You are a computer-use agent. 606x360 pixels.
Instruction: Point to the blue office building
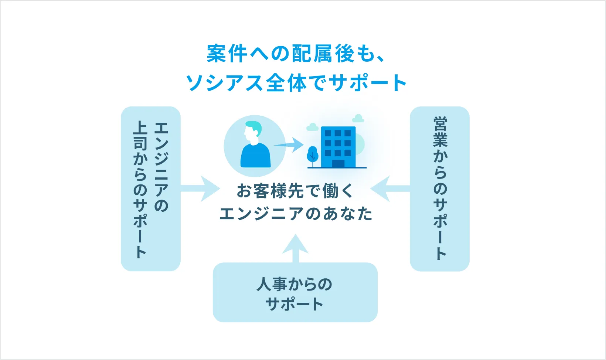[x=338, y=146]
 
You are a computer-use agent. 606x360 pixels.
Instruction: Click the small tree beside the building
[x=313, y=155]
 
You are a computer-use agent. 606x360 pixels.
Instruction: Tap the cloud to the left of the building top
[x=313, y=127]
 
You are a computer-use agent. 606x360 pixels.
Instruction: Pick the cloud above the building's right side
[x=358, y=118]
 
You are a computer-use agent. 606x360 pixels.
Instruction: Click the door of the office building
[x=338, y=163]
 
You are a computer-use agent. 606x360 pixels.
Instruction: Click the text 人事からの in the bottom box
[x=295, y=284]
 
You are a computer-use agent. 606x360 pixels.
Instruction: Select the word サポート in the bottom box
[x=295, y=304]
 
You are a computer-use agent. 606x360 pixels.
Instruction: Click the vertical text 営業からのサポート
[x=440, y=189]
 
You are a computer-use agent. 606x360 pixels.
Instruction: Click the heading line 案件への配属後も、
[x=296, y=54]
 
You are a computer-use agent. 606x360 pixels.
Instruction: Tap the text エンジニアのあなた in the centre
[x=296, y=214]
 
